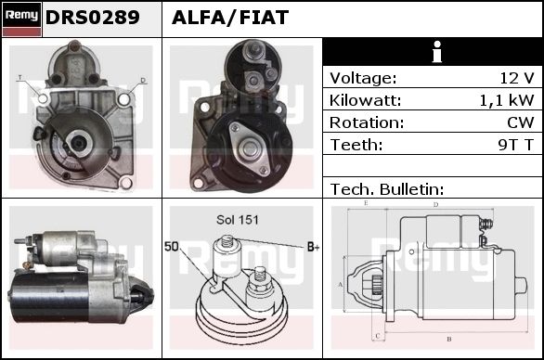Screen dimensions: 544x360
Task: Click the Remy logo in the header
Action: click(22, 19)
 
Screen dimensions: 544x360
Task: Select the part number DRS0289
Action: click(92, 18)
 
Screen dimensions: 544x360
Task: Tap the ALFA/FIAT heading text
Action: click(230, 18)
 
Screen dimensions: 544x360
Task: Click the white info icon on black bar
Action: click(437, 52)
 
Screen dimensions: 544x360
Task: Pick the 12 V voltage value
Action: click(516, 78)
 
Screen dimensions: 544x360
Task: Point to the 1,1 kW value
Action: click(507, 100)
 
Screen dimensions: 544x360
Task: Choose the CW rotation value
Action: click(521, 122)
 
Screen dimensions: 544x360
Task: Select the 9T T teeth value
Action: click(515, 145)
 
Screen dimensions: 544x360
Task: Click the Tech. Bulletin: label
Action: click(387, 189)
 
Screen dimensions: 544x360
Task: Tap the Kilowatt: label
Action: click(365, 100)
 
